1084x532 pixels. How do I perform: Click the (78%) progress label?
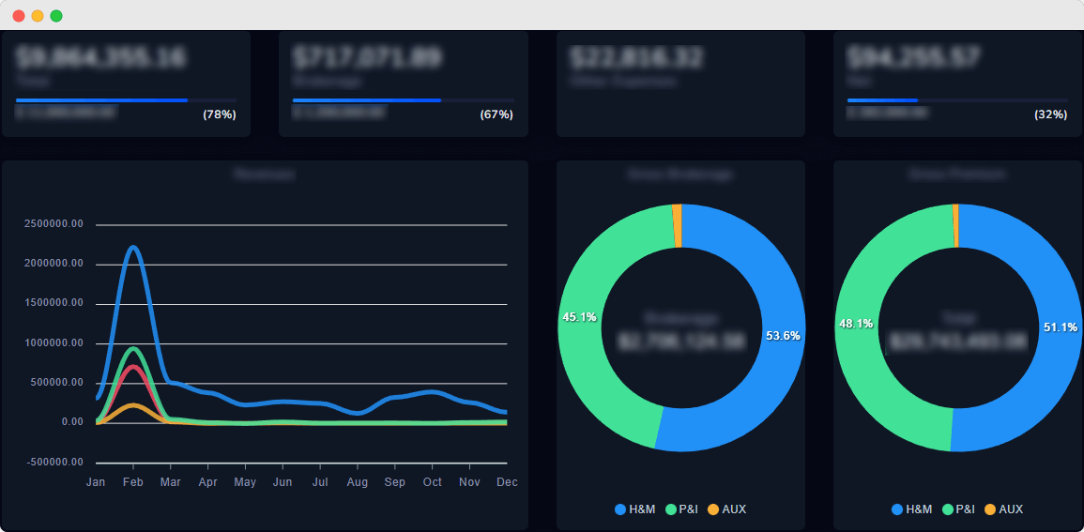tap(220, 114)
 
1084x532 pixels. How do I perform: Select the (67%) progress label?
tap(496, 114)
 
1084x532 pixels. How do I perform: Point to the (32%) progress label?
tap(1050, 114)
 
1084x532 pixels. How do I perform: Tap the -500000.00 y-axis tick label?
tap(55, 462)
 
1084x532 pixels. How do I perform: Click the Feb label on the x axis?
tap(133, 482)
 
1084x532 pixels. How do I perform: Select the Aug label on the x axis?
tap(357, 482)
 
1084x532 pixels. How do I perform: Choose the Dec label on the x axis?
tap(507, 482)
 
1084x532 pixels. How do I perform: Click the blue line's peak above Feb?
tap(133, 248)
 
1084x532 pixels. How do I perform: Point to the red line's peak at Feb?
tap(133, 367)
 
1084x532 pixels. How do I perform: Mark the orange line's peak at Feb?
tap(133, 405)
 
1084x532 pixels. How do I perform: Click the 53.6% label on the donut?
tap(783, 336)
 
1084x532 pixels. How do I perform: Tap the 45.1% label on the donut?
tap(579, 317)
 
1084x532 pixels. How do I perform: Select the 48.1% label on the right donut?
tap(856, 324)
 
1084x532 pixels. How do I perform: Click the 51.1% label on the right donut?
tap(1061, 327)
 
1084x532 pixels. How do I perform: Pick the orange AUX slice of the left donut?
tap(677, 226)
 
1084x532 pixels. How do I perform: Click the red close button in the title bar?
tap(19, 16)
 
